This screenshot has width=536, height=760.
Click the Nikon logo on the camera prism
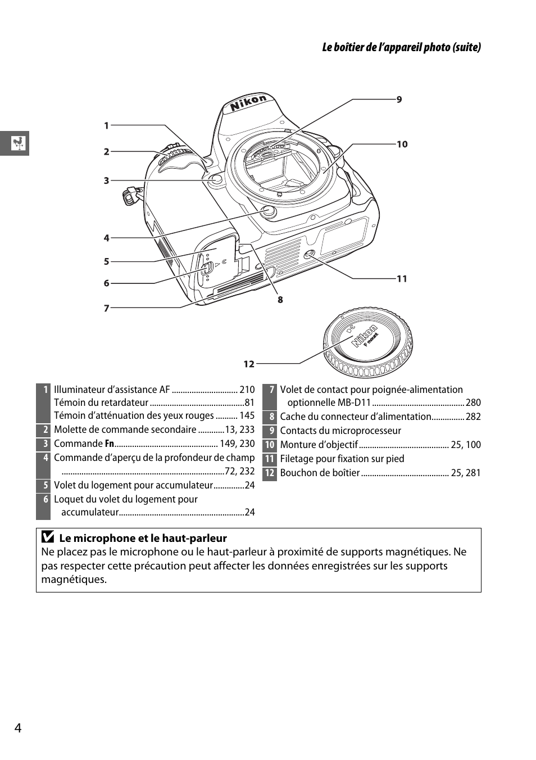[248, 103]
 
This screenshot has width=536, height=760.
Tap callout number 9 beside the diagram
[399, 99]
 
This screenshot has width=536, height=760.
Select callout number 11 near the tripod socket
[402, 279]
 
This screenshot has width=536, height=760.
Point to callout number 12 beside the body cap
[249, 364]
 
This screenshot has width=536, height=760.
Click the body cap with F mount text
[367, 342]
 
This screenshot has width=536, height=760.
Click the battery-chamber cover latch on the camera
[206, 268]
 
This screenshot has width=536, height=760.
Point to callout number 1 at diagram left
[106, 126]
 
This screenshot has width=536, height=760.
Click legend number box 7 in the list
[270, 390]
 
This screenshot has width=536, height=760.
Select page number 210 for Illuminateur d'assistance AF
[247, 390]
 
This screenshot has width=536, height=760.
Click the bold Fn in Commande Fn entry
[110, 444]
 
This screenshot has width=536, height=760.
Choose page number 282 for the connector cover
[473, 417]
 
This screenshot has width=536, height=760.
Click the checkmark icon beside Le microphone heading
[48, 537]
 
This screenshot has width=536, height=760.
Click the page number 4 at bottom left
[18, 728]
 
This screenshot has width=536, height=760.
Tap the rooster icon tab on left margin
[18, 143]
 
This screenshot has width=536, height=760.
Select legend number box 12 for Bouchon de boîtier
[270, 473]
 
